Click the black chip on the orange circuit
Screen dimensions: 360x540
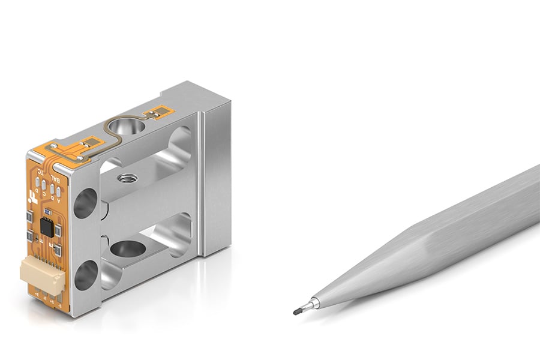pos(46,227)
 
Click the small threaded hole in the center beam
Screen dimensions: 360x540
pos(126,178)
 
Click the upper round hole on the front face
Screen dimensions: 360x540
pos(85,203)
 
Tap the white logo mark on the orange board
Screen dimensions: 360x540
pos(31,196)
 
